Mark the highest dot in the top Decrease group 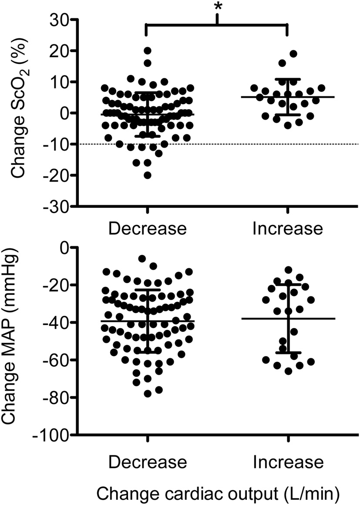coord(148,51)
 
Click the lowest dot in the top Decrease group coord(148,175)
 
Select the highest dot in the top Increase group coord(293,54)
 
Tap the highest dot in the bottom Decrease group coord(142,259)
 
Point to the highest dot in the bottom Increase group coord(288,270)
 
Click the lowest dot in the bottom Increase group coord(288,371)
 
